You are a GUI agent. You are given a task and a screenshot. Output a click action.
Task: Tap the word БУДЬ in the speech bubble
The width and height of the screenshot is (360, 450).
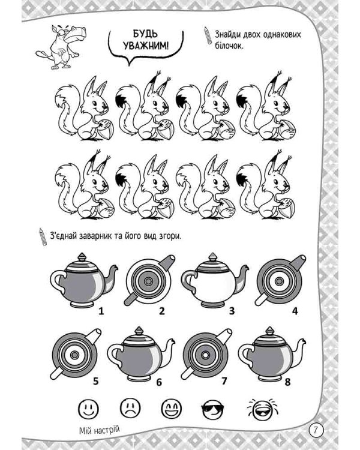[x=145, y=34]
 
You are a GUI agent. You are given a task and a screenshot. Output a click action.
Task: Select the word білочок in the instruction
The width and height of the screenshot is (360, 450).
[x=229, y=46]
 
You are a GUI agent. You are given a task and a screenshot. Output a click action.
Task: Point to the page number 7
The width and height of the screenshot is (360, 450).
[x=316, y=430]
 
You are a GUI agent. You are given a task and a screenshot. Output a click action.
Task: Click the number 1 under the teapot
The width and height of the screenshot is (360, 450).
[x=101, y=311]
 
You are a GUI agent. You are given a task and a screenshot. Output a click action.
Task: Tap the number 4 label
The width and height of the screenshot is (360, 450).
[x=295, y=311]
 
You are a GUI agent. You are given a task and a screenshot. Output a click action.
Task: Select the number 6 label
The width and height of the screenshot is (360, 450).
[x=159, y=382]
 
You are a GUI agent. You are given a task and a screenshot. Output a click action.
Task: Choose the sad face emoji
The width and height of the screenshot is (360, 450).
[x=130, y=408]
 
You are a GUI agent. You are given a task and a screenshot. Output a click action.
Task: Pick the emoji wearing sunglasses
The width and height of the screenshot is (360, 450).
[x=213, y=409]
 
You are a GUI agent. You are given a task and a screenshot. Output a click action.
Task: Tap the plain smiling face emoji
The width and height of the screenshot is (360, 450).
[x=88, y=408]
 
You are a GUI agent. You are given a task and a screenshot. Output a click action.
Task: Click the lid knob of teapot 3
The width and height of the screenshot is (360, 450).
[x=213, y=257]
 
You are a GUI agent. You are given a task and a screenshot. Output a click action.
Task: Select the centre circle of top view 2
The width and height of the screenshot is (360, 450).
[x=148, y=281]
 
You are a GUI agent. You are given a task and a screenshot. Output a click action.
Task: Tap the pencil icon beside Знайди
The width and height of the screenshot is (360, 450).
[x=208, y=35]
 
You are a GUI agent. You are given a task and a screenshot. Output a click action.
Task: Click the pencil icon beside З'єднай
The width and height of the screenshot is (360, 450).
[x=43, y=237]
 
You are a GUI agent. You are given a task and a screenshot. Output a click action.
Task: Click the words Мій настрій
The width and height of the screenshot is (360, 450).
[x=99, y=430]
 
